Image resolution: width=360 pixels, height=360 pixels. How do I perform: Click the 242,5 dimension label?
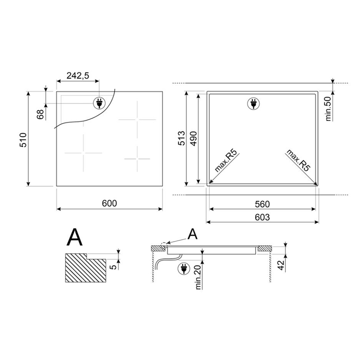tap(77, 76)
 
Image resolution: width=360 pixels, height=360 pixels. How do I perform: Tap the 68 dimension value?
tap(40, 114)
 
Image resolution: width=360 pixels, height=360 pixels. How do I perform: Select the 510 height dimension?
tap(23, 140)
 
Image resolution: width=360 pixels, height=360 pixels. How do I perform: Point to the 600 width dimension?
tap(109, 203)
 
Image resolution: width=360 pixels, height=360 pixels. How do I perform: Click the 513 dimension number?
tap(181, 138)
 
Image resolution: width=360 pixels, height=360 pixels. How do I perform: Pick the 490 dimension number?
tap(194, 139)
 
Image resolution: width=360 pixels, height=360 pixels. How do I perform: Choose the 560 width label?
tap(262, 204)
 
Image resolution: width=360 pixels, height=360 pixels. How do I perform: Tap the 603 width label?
tap(262, 217)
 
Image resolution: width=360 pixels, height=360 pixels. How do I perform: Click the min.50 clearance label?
tap(328, 109)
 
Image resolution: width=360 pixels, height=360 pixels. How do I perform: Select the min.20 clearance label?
tap(198, 277)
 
